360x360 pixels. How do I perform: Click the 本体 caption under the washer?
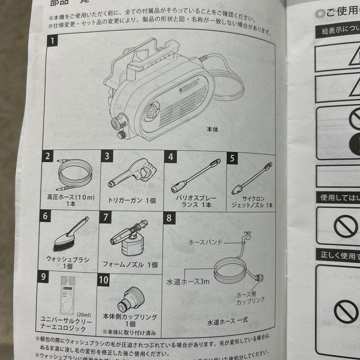(212, 130)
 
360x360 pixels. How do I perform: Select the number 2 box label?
(48, 156)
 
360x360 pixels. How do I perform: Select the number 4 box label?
(171, 157)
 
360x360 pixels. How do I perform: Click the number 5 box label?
(232, 158)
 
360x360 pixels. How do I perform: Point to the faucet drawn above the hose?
(247, 235)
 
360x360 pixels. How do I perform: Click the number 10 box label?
(104, 279)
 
